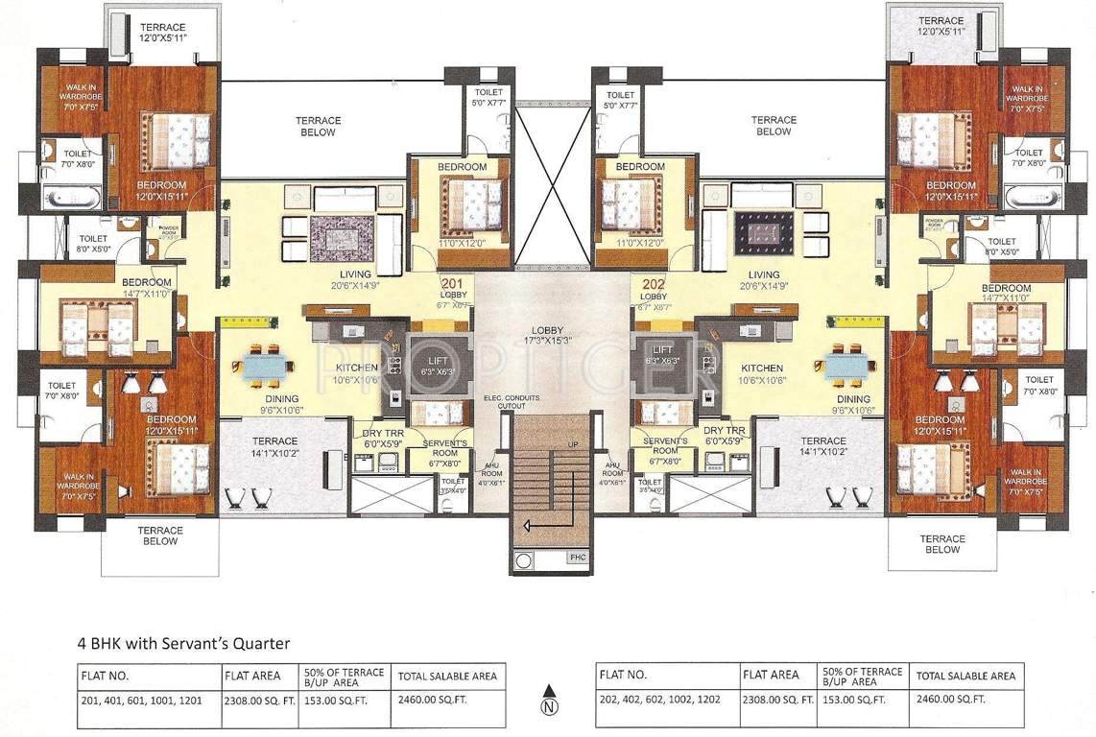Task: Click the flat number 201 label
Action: point(452,284)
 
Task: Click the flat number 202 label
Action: point(653,284)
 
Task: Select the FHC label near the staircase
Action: point(577,558)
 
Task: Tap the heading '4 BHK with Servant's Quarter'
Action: point(183,643)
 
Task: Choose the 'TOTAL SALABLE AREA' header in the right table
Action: point(965,676)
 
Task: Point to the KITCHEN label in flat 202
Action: point(761,368)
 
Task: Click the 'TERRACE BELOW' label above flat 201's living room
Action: point(317,126)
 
